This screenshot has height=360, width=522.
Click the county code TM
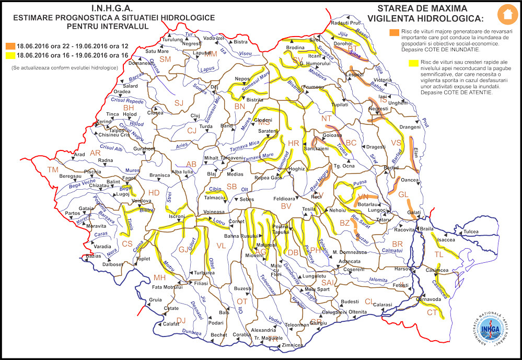click(53, 170)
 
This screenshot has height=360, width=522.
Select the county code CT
click(432, 312)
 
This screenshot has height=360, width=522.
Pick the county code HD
click(154, 193)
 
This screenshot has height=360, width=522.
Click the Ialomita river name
click(378, 280)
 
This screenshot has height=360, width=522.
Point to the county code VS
click(397, 143)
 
